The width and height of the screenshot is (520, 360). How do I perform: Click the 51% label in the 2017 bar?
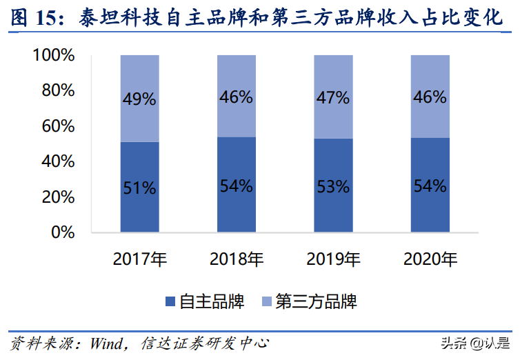(x=140, y=187)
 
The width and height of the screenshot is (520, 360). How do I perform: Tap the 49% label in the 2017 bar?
(x=140, y=99)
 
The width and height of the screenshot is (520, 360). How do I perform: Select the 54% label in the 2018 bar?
(x=237, y=186)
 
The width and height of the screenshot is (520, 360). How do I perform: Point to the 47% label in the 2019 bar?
(x=333, y=97)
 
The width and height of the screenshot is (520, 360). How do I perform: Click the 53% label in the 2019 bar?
(x=333, y=186)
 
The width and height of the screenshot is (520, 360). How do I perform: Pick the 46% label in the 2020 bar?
(x=430, y=97)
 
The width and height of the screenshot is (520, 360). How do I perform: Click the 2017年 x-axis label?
(x=140, y=260)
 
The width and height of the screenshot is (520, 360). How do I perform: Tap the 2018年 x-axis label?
(x=237, y=260)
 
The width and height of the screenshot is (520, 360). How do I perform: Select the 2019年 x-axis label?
(x=333, y=260)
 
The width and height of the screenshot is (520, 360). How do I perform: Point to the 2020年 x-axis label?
(x=430, y=260)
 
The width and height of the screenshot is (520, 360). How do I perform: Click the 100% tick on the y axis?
(x=53, y=55)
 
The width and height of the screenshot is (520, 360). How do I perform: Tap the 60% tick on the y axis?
(x=58, y=126)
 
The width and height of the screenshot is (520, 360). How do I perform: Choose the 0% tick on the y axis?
(x=63, y=232)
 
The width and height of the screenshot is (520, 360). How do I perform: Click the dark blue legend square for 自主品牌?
(x=170, y=301)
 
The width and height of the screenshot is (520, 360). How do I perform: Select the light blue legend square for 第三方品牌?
(x=266, y=301)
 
